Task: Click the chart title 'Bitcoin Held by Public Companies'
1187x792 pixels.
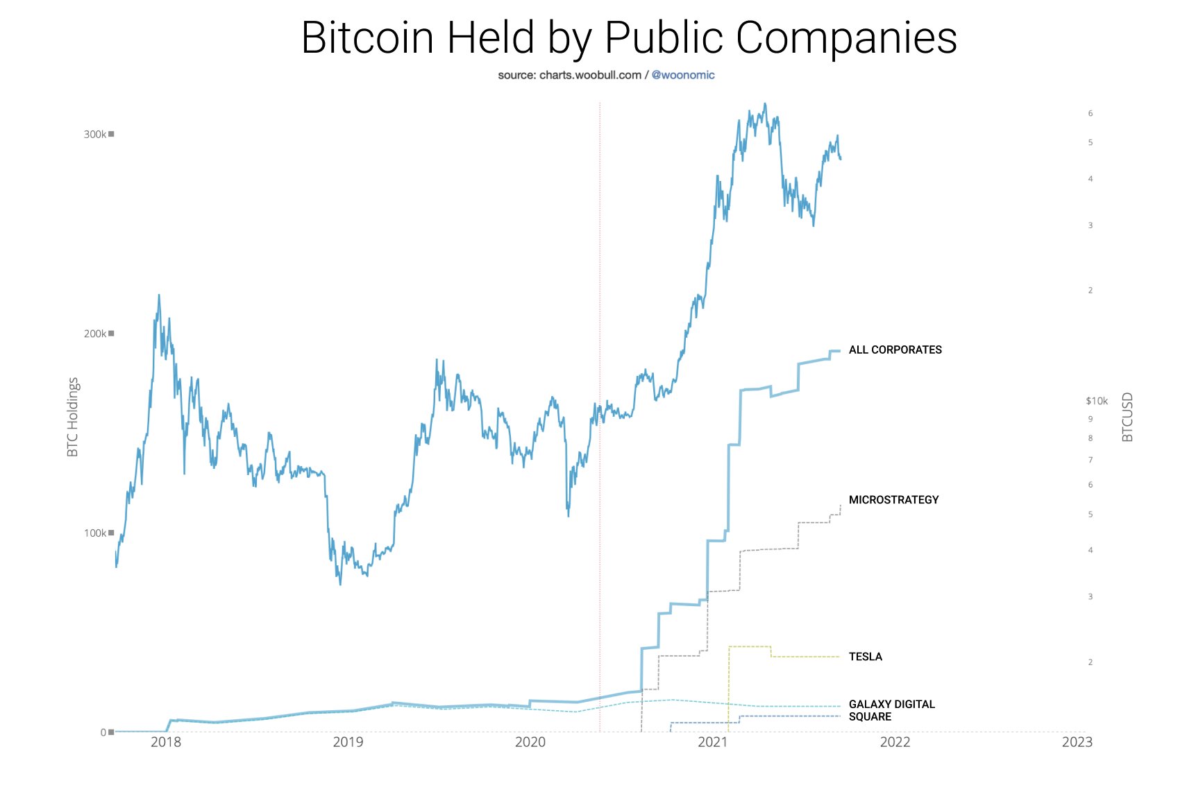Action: click(x=629, y=37)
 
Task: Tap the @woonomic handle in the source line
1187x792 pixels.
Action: click(x=683, y=75)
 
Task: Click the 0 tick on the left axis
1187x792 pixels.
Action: click(x=104, y=732)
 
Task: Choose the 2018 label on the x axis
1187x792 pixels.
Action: click(x=165, y=742)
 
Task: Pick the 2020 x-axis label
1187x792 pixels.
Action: click(x=530, y=742)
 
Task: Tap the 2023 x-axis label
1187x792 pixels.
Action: click(x=1077, y=742)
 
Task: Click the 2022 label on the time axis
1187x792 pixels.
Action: click(x=895, y=742)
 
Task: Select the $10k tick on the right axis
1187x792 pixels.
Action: click(x=1097, y=401)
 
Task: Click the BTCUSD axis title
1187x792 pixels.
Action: click(x=1127, y=417)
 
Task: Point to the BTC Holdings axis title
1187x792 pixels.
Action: click(x=73, y=417)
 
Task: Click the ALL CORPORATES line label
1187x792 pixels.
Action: click(x=895, y=350)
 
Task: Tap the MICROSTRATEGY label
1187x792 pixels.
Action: click(x=893, y=499)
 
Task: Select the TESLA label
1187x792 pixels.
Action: click(x=865, y=656)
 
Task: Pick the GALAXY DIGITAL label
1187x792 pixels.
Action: click(x=891, y=704)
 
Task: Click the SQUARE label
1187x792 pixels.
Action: click(x=870, y=716)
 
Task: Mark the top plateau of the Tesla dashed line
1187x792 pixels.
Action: click(x=750, y=646)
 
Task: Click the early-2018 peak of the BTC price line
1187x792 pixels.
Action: click(x=159, y=295)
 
